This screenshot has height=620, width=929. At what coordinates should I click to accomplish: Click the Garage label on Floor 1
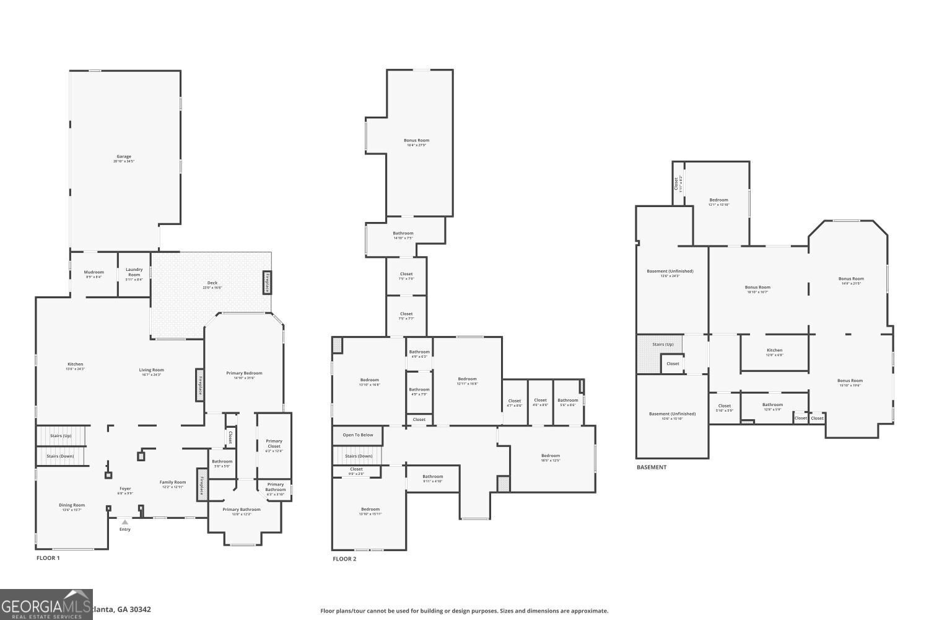click(x=124, y=157)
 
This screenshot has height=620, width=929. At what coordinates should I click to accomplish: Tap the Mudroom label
click(x=94, y=272)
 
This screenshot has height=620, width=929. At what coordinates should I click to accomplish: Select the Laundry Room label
click(x=134, y=272)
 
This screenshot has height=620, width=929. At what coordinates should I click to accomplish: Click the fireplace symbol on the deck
click(x=268, y=283)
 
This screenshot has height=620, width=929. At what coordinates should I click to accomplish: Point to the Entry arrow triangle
click(x=125, y=522)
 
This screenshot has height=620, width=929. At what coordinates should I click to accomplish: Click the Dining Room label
click(x=72, y=505)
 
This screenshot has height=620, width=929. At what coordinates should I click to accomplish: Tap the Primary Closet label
click(x=274, y=444)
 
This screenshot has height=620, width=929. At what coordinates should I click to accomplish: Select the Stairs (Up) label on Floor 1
click(x=61, y=436)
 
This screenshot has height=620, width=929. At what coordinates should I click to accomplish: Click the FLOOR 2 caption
click(x=344, y=559)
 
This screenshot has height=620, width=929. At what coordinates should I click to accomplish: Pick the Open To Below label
click(x=358, y=435)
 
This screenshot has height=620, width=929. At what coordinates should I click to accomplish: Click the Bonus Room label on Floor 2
click(x=416, y=141)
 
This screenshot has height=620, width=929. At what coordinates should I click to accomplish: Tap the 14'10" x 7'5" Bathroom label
click(x=403, y=234)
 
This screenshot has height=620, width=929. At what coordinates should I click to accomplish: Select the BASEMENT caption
click(x=652, y=467)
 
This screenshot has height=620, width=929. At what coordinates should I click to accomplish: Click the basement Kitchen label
click(x=774, y=350)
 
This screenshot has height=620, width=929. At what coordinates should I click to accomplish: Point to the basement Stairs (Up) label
click(x=663, y=344)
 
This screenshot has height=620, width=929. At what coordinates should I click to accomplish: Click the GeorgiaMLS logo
click(x=46, y=604)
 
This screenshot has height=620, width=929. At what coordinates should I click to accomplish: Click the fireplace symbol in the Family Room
click(x=202, y=484)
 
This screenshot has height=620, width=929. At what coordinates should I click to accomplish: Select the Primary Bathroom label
click(x=242, y=510)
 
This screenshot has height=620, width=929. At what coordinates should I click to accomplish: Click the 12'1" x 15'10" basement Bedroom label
click(x=718, y=200)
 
